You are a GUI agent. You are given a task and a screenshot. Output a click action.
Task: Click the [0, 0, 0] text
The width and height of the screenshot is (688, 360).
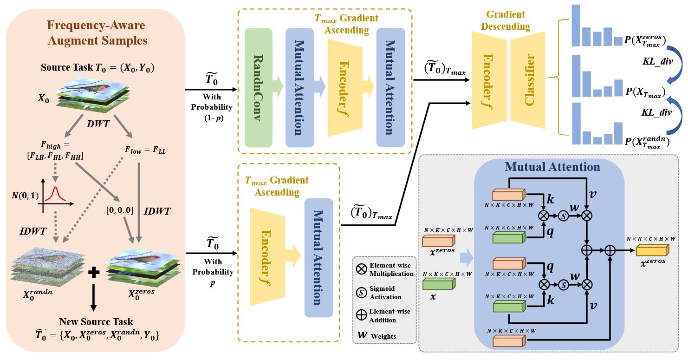point(119,210)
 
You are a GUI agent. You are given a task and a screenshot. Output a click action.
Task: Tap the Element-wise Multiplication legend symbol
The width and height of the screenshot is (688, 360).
point(362,268)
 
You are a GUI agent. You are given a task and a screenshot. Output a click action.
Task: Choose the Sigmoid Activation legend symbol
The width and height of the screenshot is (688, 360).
point(362,293)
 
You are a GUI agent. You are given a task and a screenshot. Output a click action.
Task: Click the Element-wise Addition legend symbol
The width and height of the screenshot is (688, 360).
point(362,315)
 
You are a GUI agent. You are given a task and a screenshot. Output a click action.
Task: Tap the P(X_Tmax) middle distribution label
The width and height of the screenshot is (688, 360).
point(645,92)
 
